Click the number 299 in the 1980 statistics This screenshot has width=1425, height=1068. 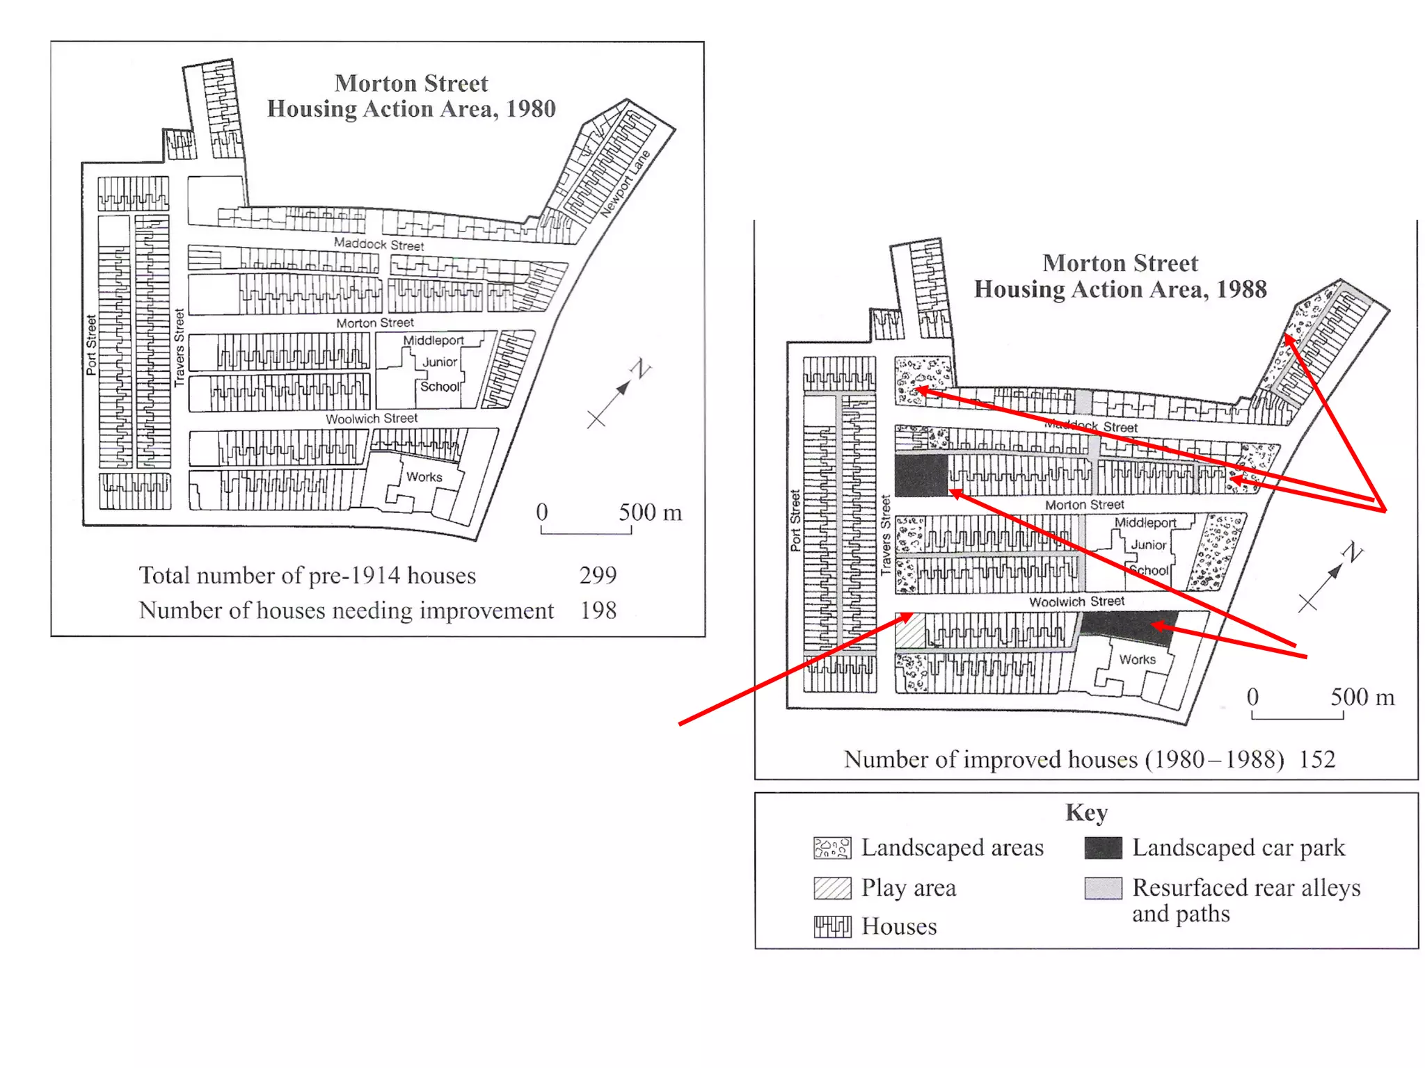coord(598,575)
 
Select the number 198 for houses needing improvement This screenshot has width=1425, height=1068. coord(598,610)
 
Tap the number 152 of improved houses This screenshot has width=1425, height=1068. coord(1317,759)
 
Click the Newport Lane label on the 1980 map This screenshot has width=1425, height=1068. coord(625,184)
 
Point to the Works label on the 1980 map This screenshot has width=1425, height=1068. coord(424,477)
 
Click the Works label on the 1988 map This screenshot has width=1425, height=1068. coord(1137,659)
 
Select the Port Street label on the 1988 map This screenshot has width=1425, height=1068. coord(795,521)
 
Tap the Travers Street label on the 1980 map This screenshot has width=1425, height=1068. coord(180,348)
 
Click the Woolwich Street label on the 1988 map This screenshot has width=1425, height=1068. coord(1076,601)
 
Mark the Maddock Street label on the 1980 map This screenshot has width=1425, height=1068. coord(379,244)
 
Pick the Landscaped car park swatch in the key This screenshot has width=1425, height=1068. coord(1103,848)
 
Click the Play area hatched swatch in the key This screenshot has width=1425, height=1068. coord(832,888)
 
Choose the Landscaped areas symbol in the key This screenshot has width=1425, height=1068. coord(832,848)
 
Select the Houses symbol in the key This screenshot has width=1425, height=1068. coord(832,927)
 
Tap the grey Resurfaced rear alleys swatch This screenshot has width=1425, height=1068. coord(1103,888)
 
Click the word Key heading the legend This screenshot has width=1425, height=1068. coord(1086,812)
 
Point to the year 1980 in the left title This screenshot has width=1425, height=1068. coord(531,109)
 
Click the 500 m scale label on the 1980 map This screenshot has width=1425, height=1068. coord(650,512)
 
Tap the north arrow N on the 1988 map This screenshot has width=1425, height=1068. coord(1353,553)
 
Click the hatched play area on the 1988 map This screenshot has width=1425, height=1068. coord(910,631)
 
